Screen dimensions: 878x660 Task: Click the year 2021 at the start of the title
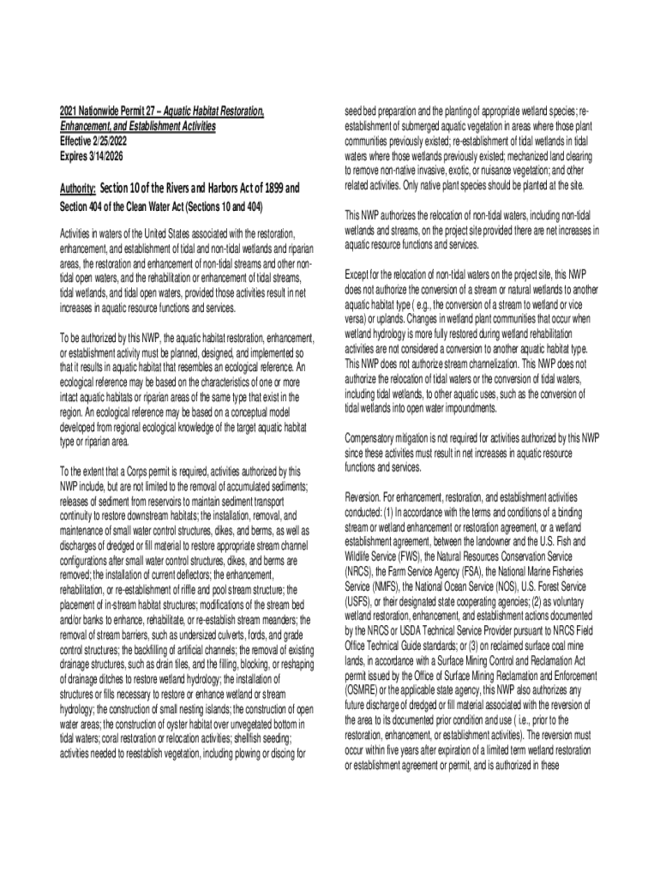[x=68, y=112]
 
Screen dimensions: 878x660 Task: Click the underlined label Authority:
[x=77, y=189]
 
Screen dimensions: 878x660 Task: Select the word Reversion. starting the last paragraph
[x=364, y=496]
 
